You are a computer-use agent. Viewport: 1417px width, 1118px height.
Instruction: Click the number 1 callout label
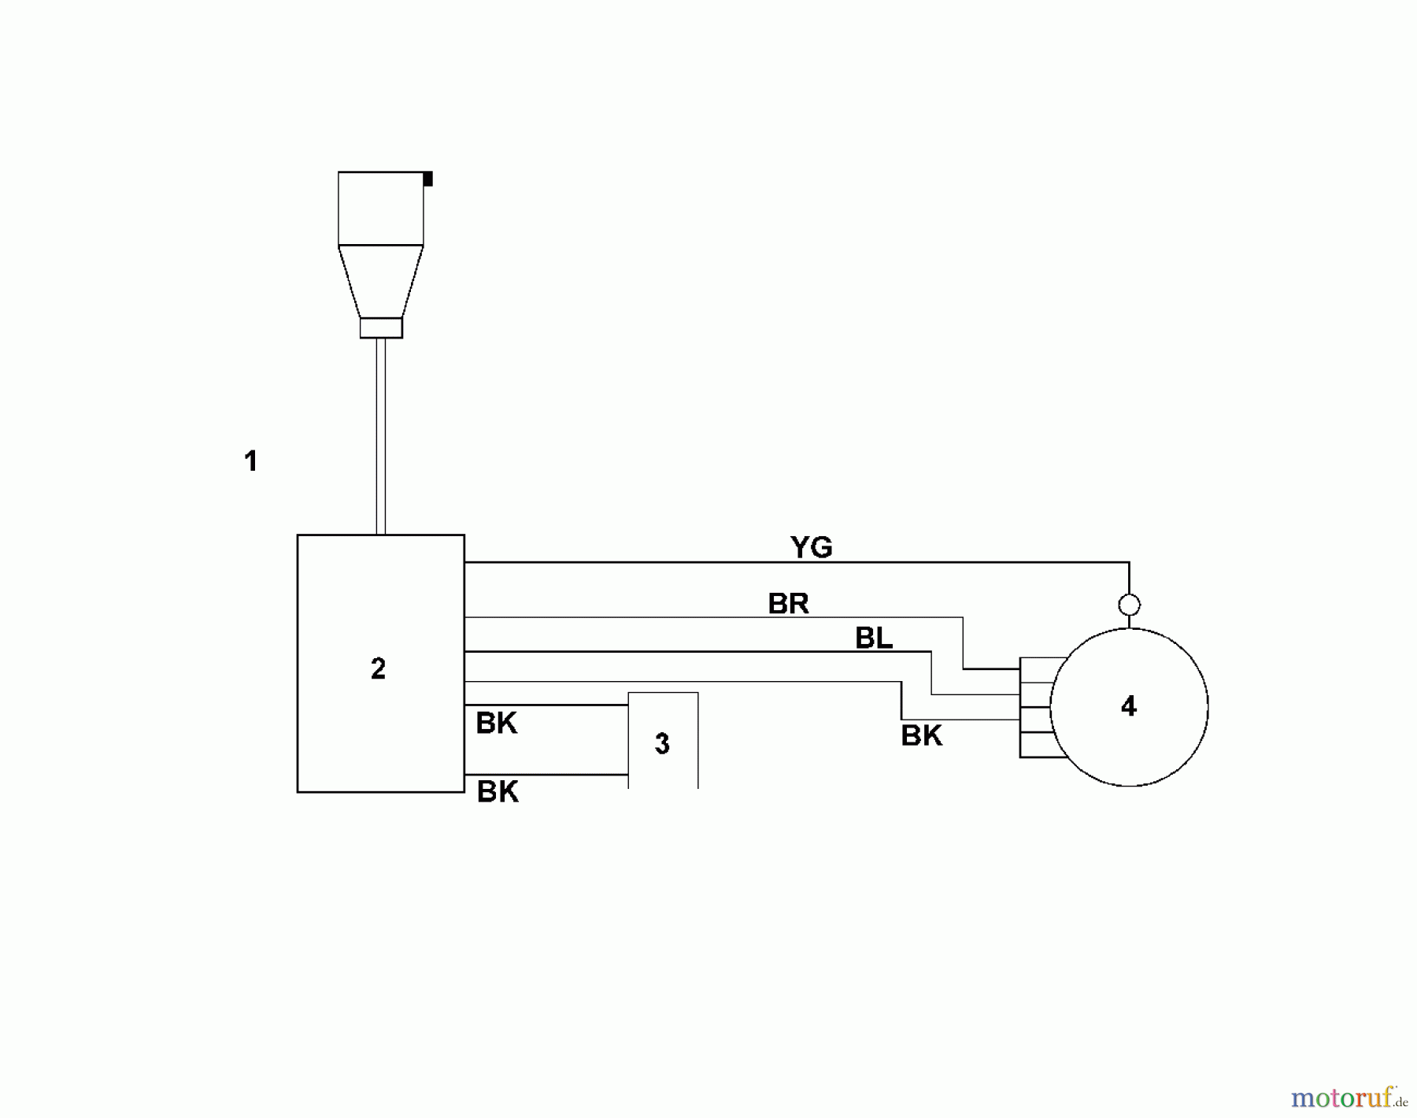click(x=251, y=461)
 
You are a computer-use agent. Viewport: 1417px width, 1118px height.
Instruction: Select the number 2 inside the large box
click(x=379, y=669)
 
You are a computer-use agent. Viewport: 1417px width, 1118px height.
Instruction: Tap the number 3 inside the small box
click(x=662, y=744)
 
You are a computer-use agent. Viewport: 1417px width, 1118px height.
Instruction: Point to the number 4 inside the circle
click(x=1129, y=707)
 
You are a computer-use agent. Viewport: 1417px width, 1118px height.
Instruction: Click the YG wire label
click(x=812, y=547)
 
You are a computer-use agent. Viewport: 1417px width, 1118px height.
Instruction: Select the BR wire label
click(x=789, y=604)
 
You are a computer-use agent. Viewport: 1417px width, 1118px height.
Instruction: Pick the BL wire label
click(x=874, y=639)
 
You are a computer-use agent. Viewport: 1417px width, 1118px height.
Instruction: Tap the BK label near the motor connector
click(x=922, y=736)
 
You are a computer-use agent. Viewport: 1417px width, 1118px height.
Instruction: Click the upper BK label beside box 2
click(x=497, y=724)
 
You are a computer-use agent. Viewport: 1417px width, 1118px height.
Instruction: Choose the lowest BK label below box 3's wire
click(x=498, y=792)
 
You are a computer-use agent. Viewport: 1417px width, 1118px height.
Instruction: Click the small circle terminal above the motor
click(x=1129, y=605)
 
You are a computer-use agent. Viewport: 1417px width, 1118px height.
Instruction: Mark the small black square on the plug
click(x=427, y=179)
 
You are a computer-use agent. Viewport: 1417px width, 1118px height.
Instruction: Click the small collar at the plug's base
click(x=381, y=328)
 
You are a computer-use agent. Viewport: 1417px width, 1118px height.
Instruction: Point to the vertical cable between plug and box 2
click(x=381, y=437)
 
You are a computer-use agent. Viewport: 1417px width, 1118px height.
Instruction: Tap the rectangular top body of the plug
click(x=381, y=209)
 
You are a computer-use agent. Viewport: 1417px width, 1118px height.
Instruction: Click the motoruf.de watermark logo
click(x=1349, y=1096)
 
